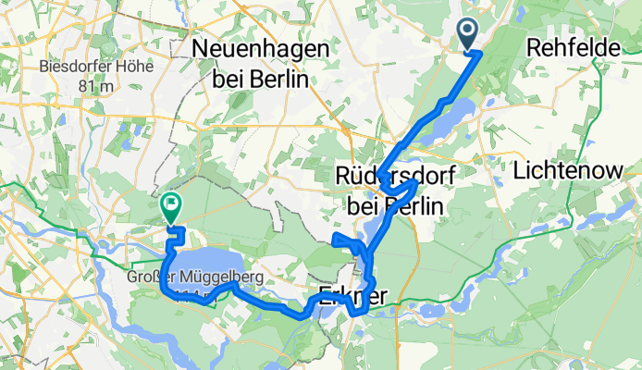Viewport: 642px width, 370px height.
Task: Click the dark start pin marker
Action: point(468,34)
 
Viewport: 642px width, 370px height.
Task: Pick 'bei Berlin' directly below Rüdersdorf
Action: point(393,205)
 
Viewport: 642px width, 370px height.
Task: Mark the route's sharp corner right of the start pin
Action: point(479,54)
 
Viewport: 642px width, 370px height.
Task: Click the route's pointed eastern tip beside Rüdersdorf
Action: point(422,181)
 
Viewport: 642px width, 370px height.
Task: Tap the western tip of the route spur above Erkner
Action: point(333,242)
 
